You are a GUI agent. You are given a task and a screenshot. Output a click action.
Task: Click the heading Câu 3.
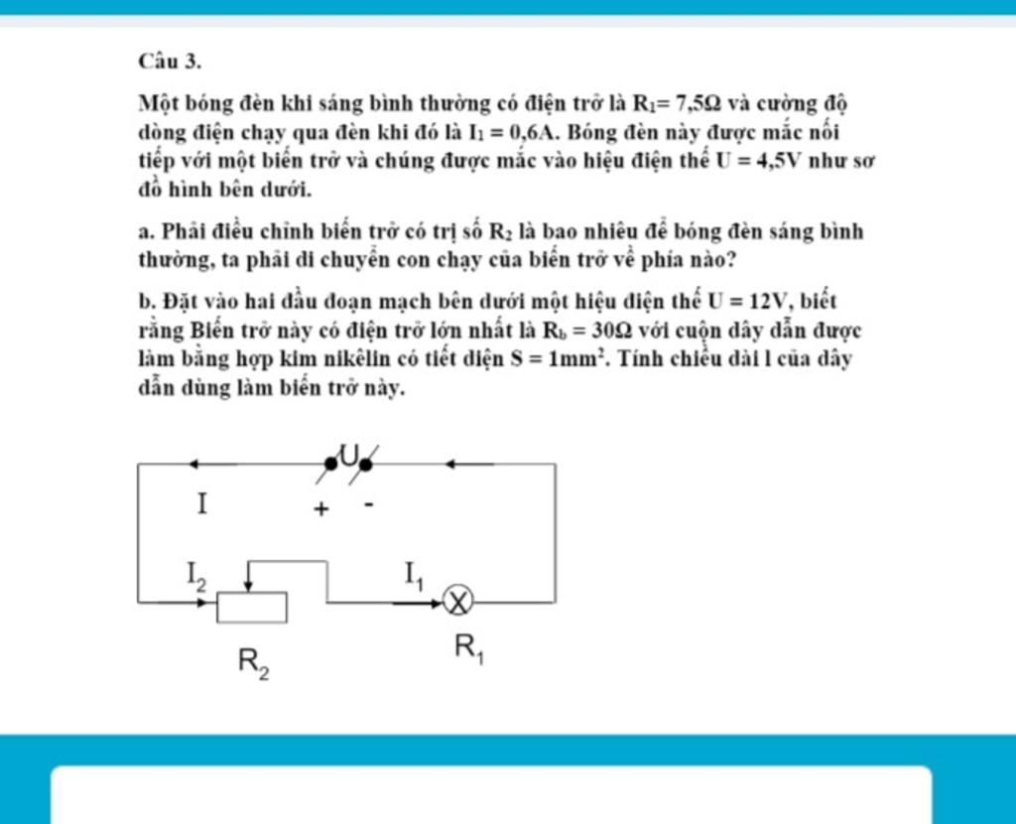click(x=171, y=62)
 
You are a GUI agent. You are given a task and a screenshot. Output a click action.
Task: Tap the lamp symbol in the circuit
click(x=458, y=602)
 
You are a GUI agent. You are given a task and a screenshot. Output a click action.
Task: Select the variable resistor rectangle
click(x=252, y=607)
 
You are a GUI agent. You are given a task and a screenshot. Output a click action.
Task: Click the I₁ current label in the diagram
click(x=413, y=574)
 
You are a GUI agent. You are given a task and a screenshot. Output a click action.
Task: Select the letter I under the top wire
click(x=201, y=504)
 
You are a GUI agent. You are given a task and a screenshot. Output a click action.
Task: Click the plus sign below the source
click(x=320, y=509)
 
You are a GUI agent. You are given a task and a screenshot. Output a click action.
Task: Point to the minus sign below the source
click(x=368, y=504)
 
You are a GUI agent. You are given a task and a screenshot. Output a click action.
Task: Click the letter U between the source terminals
click(x=348, y=456)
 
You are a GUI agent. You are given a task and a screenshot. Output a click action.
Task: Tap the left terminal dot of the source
click(x=330, y=464)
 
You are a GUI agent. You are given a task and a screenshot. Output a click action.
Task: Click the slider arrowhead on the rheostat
click(x=252, y=585)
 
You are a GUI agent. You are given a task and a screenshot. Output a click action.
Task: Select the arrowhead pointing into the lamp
click(x=433, y=602)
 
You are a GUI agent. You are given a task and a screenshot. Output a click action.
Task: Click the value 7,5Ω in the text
click(x=693, y=103)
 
